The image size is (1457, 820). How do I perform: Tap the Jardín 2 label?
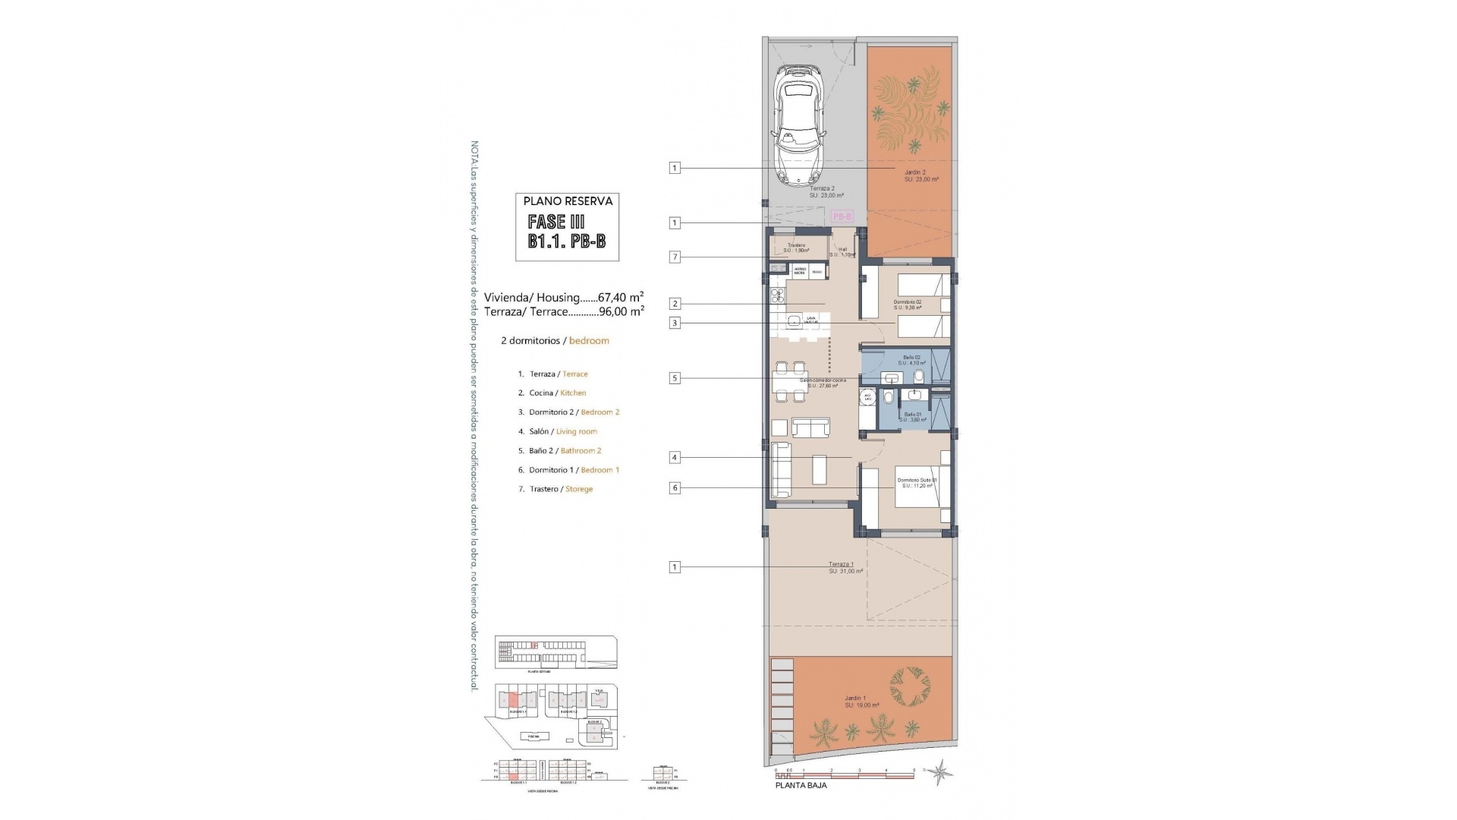915,173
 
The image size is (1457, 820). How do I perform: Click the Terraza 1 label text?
841,564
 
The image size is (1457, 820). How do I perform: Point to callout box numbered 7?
675,257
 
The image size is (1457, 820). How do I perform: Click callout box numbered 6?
675,488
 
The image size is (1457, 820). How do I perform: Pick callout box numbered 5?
675,377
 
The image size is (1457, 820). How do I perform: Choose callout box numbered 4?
675,457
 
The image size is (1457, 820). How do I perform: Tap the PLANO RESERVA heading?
568,201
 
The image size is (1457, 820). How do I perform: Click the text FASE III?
556,222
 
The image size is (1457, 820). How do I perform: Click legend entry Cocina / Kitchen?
558,393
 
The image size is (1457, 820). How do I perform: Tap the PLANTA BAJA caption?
801,786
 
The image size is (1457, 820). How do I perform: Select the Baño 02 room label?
911,357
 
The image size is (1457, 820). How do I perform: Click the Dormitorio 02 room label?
907,302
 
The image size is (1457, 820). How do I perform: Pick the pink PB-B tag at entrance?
842,216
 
